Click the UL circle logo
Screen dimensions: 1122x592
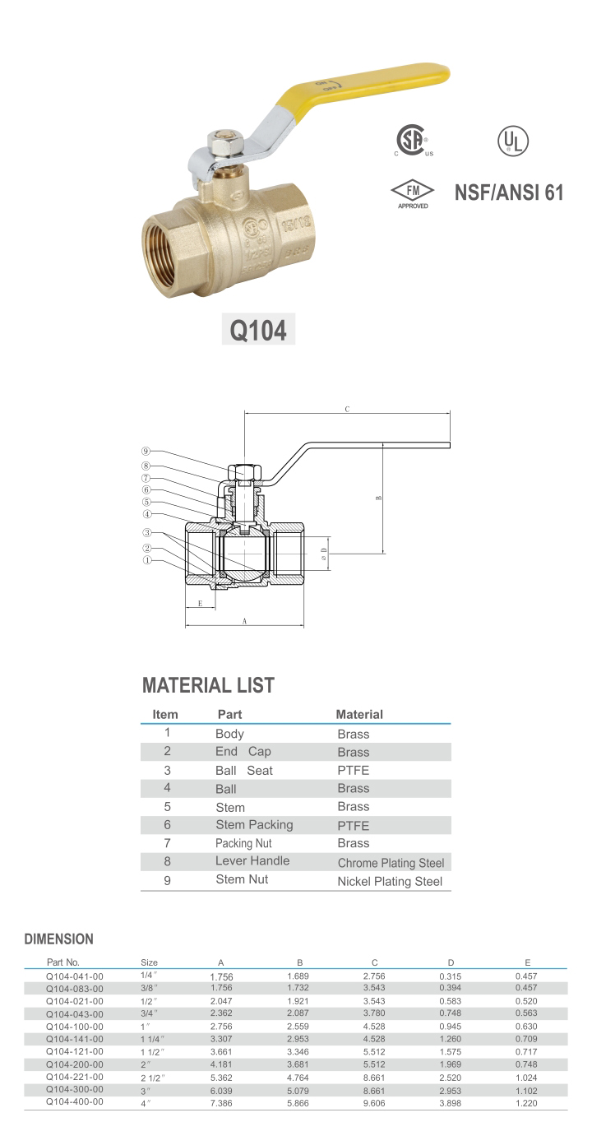click(513, 141)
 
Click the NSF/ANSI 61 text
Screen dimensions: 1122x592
click(509, 192)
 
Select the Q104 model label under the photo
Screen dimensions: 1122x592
click(258, 330)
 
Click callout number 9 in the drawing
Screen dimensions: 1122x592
click(146, 451)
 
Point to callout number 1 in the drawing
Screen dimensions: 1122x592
click(147, 561)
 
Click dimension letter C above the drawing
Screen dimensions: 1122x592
click(347, 409)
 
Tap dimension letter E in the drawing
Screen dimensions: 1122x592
click(200, 604)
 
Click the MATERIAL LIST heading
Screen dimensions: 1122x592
click(208, 685)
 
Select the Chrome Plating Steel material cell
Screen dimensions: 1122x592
click(391, 863)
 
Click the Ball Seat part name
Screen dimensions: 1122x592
click(243, 771)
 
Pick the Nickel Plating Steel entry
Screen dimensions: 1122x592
click(390, 881)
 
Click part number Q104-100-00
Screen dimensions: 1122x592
click(75, 1027)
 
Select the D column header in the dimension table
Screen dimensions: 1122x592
click(451, 962)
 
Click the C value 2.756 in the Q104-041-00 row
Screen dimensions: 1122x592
click(374, 976)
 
